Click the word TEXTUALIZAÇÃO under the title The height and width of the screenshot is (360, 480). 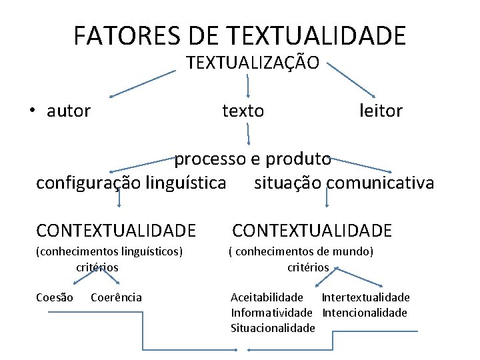coord(253,63)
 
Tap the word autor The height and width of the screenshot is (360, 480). coord(68,111)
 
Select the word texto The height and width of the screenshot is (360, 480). coord(243,111)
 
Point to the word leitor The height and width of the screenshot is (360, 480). coord(380,111)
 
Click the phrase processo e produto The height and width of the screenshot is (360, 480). coord(252,159)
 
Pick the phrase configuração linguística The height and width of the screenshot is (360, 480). coord(131,183)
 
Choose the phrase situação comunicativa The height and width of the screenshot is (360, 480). coord(343,183)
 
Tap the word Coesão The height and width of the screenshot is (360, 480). coord(55,297)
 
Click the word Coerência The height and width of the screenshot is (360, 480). coord(115,297)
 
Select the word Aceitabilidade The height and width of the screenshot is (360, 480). coord(266,297)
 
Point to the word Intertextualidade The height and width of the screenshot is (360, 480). coord(365,297)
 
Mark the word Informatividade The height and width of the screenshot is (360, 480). coord(271,313)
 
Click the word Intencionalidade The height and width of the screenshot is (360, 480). coord(364,313)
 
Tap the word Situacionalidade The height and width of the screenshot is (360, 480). coord(272,328)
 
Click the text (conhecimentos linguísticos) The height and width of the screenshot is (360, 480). coord(109,251)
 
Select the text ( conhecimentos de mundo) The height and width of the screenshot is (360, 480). coord(300,251)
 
